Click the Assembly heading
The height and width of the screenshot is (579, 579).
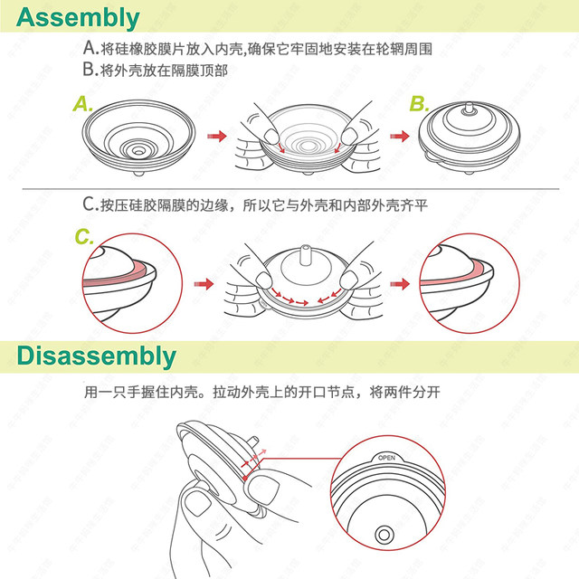click(80, 17)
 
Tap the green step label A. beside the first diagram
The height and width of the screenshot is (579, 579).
click(83, 105)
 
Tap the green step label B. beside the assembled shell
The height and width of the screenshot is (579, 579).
click(419, 105)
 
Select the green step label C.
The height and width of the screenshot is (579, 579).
click(84, 238)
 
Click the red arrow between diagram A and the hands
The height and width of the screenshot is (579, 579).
click(216, 136)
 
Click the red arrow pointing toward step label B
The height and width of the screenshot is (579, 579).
click(399, 136)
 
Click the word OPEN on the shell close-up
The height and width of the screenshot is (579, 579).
click(387, 459)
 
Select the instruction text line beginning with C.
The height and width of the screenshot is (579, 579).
click(253, 205)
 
